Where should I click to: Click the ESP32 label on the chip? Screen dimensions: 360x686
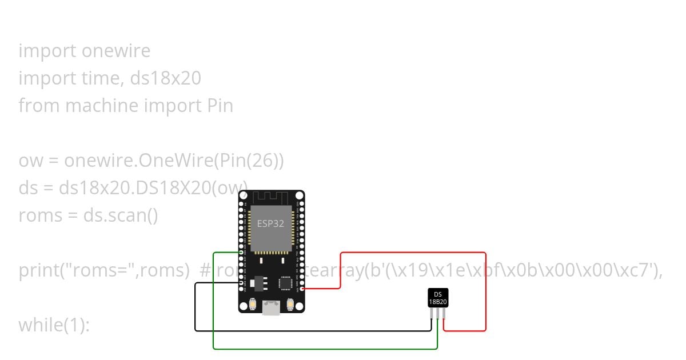(x=270, y=223)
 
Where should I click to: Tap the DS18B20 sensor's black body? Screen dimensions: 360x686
(x=438, y=298)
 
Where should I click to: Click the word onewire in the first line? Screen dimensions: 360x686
(x=116, y=51)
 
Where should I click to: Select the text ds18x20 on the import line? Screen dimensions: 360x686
(x=166, y=78)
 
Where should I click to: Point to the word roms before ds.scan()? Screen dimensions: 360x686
(x=40, y=215)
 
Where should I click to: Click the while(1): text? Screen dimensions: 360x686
(x=54, y=325)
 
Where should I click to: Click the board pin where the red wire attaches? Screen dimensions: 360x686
(x=302, y=289)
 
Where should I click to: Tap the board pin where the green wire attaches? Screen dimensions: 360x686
(x=241, y=253)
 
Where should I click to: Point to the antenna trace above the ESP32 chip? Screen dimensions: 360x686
(x=271, y=198)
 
